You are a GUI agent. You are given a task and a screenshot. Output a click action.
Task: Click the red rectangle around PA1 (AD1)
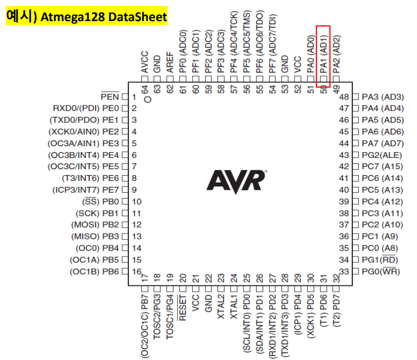pyautogui.click(x=323, y=56)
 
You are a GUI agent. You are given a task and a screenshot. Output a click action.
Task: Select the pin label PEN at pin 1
pyautogui.click(x=110, y=97)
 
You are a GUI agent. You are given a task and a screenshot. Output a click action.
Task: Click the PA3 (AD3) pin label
pyautogui.click(x=383, y=97)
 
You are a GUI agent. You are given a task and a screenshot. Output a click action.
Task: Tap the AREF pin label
pyautogui.click(x=170, y=63)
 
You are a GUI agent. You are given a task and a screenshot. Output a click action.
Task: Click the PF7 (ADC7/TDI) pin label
pyautogui.click(x=272, y=47)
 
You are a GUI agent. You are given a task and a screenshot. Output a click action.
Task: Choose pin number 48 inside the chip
pyautogui.click(x=344, y=97)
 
